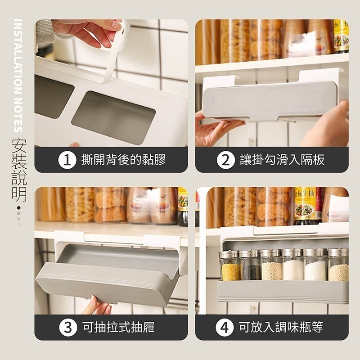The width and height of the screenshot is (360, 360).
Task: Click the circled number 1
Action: tap(67, 160)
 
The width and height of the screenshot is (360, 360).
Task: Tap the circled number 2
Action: tap(226, 160)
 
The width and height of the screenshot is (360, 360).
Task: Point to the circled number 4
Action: tap(224, 328)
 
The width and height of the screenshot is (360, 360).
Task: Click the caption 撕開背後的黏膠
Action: tap(123, 160)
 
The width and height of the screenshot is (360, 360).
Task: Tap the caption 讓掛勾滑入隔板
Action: tap(282, 160)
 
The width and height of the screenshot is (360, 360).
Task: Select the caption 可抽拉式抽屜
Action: tap(118, 327)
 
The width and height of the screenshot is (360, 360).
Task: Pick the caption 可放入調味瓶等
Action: tap(281, 327)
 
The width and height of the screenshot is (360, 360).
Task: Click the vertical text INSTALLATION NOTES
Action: tap(18, 76)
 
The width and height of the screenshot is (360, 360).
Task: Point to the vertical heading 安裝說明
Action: tap(19, 170)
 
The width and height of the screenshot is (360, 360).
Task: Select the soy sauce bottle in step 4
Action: tap(306, 206)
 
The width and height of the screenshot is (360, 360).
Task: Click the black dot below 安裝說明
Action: tap(19, 208)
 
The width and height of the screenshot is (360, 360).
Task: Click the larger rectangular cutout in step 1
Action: tap(113, 118)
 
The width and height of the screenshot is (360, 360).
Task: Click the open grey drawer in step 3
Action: tap(108, 274)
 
